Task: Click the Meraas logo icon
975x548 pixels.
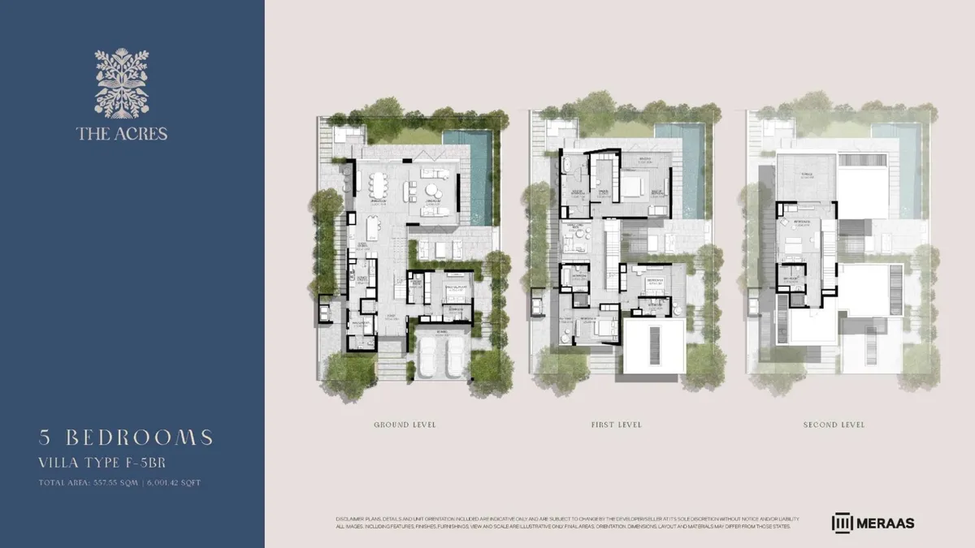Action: tap(842, 523)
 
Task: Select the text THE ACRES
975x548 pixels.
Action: tap(122, 133)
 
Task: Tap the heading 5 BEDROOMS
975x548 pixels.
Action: tap(126, 438)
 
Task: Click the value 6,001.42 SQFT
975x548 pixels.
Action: tap(171, 483)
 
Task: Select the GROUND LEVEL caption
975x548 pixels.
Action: tap(405, 425)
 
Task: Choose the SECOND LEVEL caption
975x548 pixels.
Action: tap(834, 425)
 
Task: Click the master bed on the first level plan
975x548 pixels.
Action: tap(631, 187)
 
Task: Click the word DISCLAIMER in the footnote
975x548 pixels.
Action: tap(348, 518)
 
